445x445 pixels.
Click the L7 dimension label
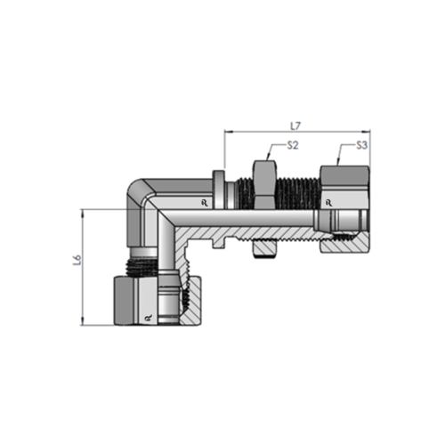click(x=295, y=125)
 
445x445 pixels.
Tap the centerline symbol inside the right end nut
click(x=335, y=203)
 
